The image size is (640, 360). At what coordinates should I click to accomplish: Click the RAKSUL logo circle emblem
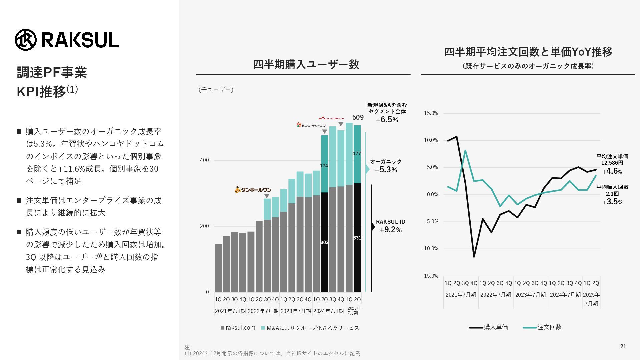click(25, 40)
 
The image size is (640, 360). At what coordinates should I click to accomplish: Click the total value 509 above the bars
click(358, 117)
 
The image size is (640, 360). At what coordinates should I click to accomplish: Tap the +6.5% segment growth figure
click(387, 120)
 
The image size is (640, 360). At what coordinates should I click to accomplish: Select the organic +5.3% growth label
click(386, 170)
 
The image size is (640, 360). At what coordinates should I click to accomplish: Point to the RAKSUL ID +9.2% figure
click(390, 230)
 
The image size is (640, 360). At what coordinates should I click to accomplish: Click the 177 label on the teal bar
click(357, 153)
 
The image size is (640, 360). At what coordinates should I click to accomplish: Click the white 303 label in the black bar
click(324, 242)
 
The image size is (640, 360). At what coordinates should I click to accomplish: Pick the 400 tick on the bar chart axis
click(204, 160)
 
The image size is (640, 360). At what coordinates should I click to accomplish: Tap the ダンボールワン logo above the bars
click(253, 190)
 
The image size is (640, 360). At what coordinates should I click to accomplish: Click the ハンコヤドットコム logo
click(311, 125)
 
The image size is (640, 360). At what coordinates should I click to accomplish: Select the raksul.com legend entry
click(238, 328)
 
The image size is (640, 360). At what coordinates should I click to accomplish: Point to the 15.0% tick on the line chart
click(431, 113)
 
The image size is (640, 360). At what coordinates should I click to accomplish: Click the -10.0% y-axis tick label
click(430, 249)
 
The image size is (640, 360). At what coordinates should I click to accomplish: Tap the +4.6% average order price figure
click(612, 171)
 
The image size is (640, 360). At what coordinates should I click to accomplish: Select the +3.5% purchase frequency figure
click(612, 202)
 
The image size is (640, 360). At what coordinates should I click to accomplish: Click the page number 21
click(623, 347)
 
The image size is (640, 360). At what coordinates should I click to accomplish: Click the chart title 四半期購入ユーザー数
click(306, 64)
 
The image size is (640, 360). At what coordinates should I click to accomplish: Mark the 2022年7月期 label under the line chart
click(495, 295)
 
